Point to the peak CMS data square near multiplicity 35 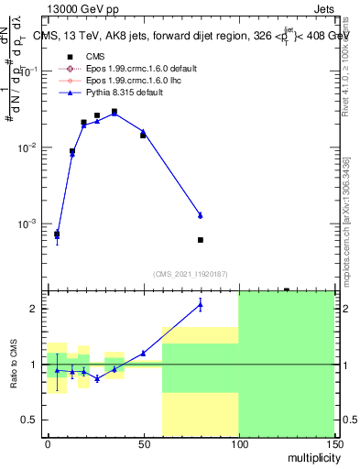coord(115,112)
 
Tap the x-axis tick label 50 coord(143,442)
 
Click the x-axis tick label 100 coord(238,442)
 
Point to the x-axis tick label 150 coord(333,442)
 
